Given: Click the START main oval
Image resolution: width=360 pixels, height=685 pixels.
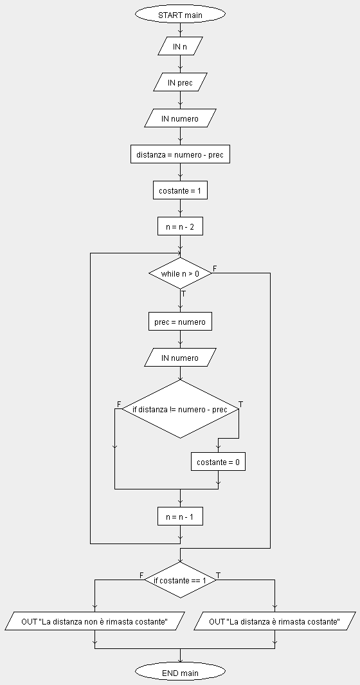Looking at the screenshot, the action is [180, 14].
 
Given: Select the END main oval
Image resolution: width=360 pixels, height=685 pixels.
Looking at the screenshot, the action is [180, 672].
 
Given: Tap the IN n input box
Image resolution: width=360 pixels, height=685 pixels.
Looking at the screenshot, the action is [180, 46].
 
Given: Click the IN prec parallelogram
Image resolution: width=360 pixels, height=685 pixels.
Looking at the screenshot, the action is [180, 82].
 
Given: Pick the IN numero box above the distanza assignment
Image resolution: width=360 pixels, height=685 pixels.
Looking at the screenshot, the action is [180, 118].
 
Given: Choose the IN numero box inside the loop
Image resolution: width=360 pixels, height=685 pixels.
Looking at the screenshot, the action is [180, 358].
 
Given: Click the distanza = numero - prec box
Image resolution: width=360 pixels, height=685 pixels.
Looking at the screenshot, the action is [180, 154].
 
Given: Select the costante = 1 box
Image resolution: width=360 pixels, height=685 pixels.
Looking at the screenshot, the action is [180, 190].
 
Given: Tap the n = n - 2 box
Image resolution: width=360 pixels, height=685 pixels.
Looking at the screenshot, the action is [180, 226].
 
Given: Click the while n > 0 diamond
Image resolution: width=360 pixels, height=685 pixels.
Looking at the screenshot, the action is [180, 273].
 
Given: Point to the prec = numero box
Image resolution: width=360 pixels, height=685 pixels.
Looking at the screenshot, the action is [180, 322].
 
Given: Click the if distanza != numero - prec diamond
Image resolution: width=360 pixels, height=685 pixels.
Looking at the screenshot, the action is [180, 409].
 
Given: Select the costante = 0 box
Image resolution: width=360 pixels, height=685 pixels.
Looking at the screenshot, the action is [218, 462].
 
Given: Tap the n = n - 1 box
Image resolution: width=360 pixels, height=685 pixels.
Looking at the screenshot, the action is [180, 516].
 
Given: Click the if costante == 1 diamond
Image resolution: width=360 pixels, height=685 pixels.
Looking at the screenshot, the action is [180, 580].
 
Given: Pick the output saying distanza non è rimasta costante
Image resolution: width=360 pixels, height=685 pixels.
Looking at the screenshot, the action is [94, 621].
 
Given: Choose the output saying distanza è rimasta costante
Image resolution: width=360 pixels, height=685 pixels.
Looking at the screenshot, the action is [274, 621].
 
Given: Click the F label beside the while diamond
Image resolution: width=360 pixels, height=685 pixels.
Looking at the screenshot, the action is [215, 268].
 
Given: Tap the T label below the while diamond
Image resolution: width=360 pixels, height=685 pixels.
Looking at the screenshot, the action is [183, 294].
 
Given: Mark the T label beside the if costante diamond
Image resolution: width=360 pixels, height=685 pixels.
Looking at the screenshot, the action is [219, 576].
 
